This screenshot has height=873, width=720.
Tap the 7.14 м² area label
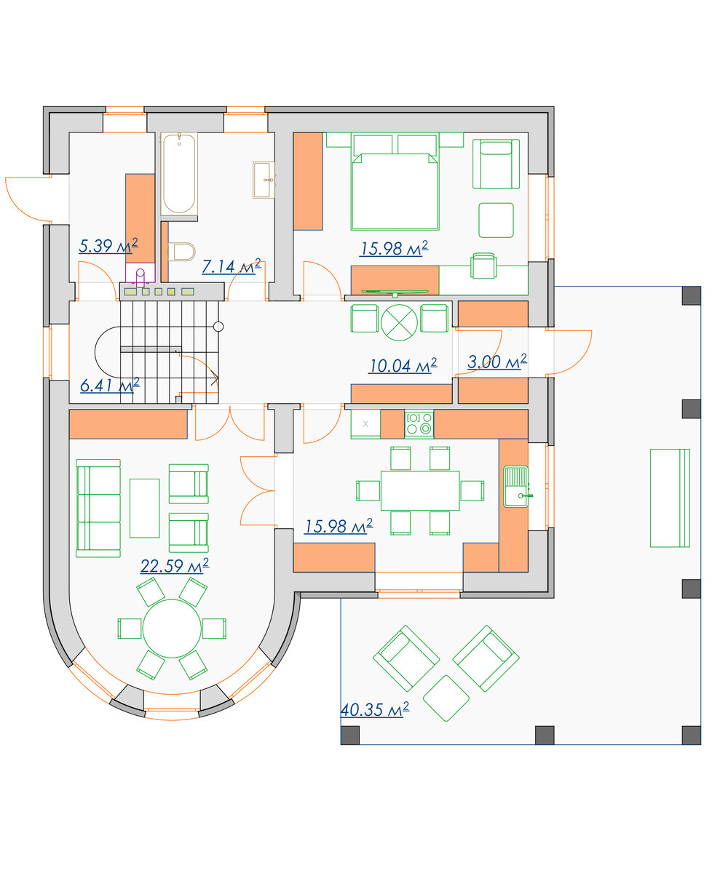coord(232,266)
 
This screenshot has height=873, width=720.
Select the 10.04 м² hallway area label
coord(403,365)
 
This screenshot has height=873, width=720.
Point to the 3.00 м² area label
coord(497,362)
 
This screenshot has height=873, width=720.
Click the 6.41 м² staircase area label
coord(110,385)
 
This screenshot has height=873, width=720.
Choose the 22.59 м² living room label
coord(175,566)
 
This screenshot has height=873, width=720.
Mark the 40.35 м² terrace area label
coord(374,709)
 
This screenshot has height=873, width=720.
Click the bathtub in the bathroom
coord(179,174)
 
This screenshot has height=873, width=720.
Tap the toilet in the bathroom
coord(181,252)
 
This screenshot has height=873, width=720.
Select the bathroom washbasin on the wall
coord(264,180)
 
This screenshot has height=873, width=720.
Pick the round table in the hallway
coord(399,322)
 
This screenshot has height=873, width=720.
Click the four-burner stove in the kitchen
coord(419,423)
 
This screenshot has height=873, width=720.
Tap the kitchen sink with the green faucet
coord(516,487)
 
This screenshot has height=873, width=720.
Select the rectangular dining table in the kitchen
coord(420,490)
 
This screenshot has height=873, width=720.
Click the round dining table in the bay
coord(172,629)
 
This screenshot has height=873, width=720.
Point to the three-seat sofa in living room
coord(98,509)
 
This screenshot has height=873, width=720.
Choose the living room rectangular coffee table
coord(144,508)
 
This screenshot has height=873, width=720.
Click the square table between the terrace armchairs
coord(446,698)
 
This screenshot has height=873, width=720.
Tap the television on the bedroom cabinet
coord(395,292)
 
